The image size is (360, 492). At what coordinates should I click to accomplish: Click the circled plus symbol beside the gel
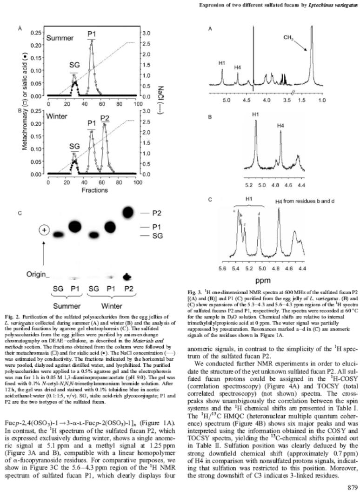click(45, 231)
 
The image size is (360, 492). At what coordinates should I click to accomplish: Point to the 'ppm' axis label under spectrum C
click(263, 281)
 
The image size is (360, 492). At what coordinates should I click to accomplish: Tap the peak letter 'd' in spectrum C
click(258, 214)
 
